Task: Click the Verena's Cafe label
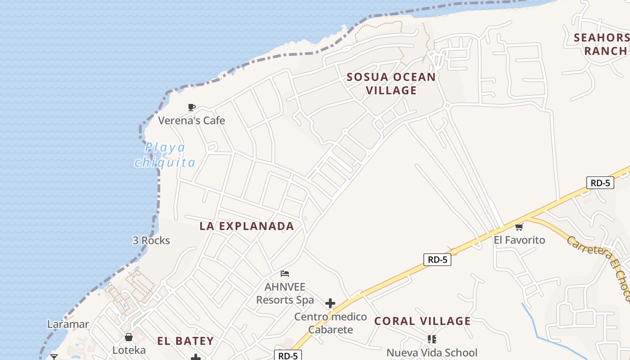tap(191, 121)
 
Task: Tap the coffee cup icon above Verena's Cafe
tap(192, 107)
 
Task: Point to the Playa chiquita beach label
tap(165, 155)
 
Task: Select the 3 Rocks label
tap(151, 240)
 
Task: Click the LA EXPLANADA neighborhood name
tap(247, 226)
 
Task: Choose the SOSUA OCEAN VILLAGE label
tap(391, 84)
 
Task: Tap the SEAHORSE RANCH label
tap(603, 44)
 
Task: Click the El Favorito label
tap(519, 240)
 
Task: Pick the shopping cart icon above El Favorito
tap(519, 227)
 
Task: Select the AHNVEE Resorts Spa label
tap(285, 293)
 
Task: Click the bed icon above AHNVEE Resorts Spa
tap(285, 273)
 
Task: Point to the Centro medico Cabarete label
tap(331, 323)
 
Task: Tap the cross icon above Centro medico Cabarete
tap(330, 303)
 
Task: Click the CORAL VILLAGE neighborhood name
tap(423, 321)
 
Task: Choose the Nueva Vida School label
tap(432, 353)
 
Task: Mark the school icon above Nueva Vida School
tap(432, 339)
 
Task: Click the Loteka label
tap(129, 350)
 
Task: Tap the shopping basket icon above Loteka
tap(129, 337)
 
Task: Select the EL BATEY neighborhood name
tap(185, 341)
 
